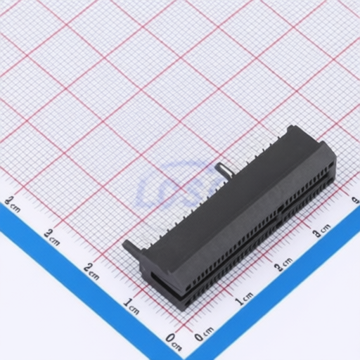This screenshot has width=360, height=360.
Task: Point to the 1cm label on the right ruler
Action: pos(244,299)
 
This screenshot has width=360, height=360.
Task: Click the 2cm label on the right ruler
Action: pos(283,264)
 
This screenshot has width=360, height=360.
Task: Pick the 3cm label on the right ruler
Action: pos(321,229)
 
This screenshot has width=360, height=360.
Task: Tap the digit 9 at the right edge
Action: pos(356,200)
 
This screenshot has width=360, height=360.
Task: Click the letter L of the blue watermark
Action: pos(149,190)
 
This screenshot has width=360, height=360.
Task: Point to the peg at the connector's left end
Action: pos(129,246)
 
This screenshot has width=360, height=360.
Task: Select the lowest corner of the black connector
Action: pos(184,308)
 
